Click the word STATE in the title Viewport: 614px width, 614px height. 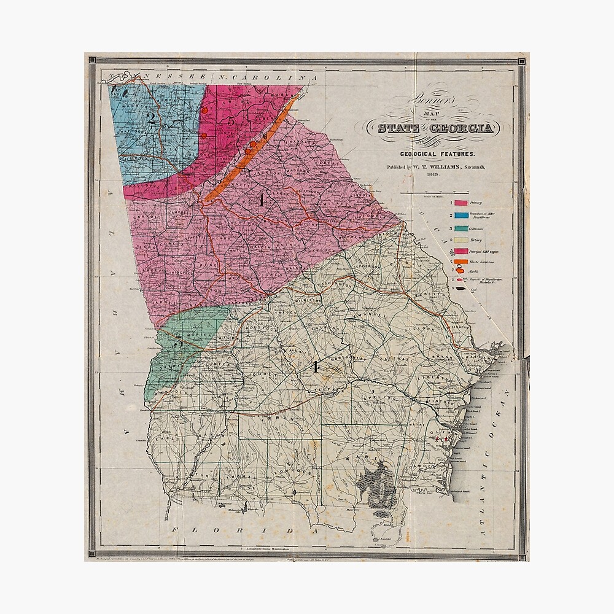click(398, 128)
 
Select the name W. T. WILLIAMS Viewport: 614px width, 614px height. click(442, 166)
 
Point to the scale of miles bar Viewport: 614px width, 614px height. click(433, 194)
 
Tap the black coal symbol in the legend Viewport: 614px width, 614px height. click(460, 288)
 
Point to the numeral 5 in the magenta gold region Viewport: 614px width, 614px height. click(231, 121)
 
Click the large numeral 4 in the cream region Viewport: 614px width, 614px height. click(316, 367)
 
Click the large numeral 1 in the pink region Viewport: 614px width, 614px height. click(262, 200)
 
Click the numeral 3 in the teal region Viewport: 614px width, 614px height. click(179, 344)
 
